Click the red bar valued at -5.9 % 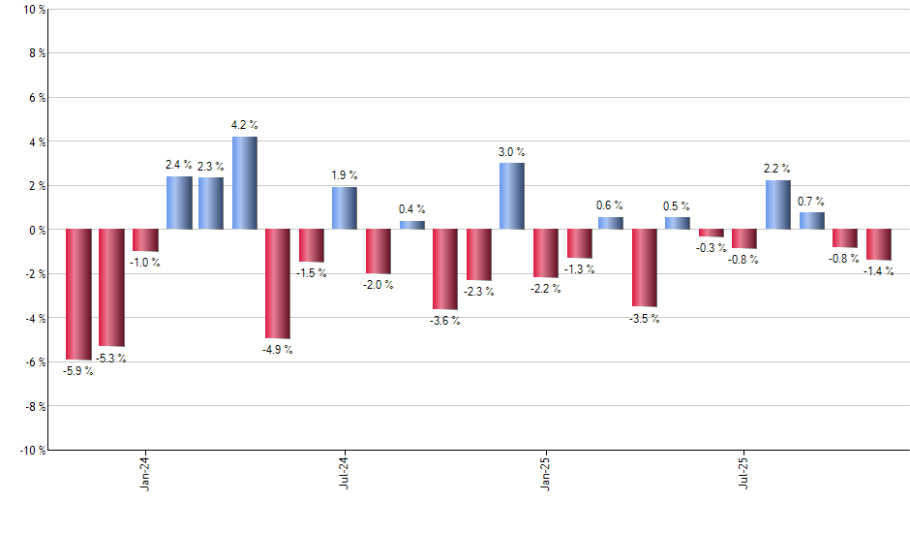click(78, 295)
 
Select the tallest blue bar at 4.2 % click(245, 183)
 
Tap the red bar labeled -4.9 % click(278, 283)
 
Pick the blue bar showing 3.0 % click(512, 196)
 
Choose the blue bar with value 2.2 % click(777, 204)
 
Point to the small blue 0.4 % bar click(412, 225)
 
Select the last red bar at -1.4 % click(878, 244)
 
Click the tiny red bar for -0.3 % click(712, 233)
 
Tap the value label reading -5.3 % click(110, 359)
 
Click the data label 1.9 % click(345, 175)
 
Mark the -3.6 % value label click(445, 321)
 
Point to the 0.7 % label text click(811, 202)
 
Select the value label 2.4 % click(179, 165)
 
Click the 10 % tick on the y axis click(34, 10)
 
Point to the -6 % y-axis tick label click(34, 362)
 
